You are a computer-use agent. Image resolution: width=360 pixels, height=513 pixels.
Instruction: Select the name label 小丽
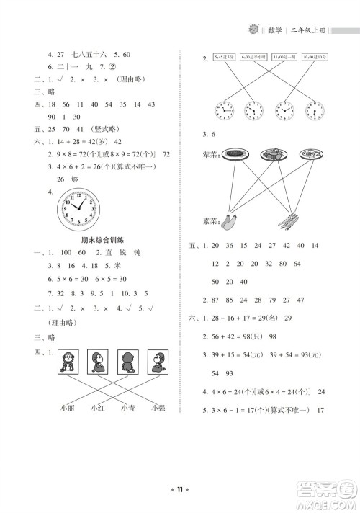67,408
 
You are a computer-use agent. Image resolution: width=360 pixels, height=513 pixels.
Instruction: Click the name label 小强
159,408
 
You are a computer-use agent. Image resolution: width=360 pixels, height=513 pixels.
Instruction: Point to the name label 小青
128,408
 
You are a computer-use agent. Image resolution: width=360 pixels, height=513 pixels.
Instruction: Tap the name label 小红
98,408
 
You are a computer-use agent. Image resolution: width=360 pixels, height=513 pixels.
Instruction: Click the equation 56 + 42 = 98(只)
242,336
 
